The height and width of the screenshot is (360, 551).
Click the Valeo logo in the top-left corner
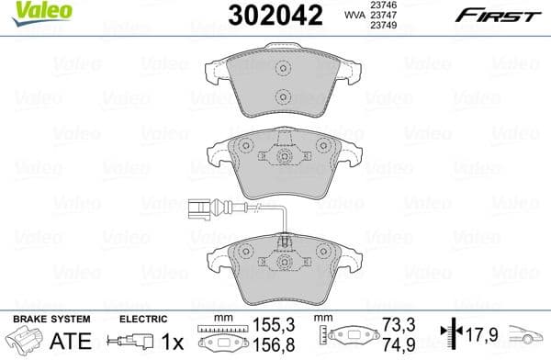(28, 11)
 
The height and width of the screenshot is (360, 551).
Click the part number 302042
(262, 16)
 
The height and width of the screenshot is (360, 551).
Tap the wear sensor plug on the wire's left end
(193, 208)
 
